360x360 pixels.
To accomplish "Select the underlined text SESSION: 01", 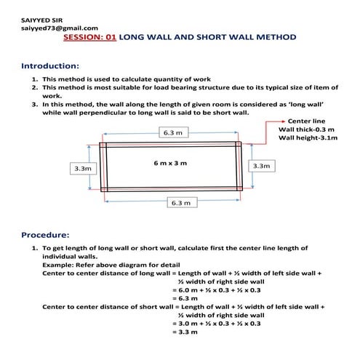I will [x=90, y=36].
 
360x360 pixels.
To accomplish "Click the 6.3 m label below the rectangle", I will [x=178, y=202].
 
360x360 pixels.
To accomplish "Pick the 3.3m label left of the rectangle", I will [x=83, y=168].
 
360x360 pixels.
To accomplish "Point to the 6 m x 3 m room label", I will [x=170, y=163].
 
